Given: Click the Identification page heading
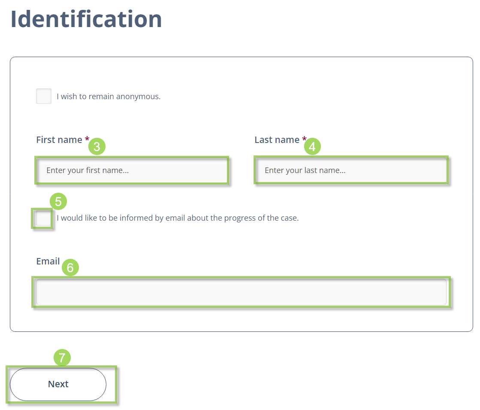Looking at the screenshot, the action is click(86, 19).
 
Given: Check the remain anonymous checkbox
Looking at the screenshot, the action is click(44, 96).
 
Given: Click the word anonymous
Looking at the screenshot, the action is click(139, 97).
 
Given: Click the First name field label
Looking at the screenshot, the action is click(59, 140).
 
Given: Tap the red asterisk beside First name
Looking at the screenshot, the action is click(87, 139).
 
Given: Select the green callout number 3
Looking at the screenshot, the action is click(97, 146).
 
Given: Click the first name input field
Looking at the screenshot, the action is click(132, 170).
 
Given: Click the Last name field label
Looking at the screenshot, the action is click(277, 140).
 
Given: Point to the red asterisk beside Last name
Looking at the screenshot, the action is click(304, 139).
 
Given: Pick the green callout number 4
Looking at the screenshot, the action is click(312, 146).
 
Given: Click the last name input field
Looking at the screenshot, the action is click(351, 170).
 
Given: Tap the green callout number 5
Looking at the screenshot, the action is click(58, 201).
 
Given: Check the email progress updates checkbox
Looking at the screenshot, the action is click(43, 218).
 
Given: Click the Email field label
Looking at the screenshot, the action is click(48, 261).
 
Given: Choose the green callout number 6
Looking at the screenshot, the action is click(70, 267).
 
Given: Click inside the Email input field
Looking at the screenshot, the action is click(242, 292).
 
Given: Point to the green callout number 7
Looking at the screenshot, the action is click(62, 358).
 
